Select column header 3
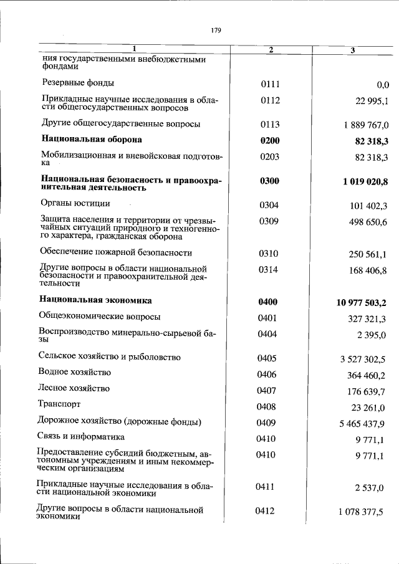[x=352, y=50]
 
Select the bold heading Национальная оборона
[x=92, y=140]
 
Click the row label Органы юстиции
[x=75, y=203]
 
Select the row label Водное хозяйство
[x=74, y=372]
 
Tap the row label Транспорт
[x=61, y=404]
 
